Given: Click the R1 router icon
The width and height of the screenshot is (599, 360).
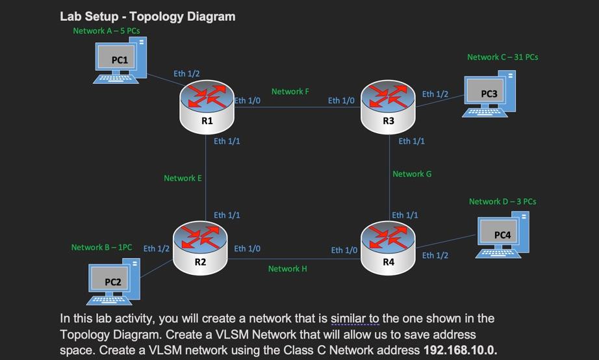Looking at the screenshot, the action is tap(207, 107).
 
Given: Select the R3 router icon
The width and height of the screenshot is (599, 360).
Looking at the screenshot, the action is tap(388, 107).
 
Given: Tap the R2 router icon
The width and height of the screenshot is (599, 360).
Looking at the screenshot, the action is tap(200, 248).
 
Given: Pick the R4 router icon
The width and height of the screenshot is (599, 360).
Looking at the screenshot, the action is tap(388, 248).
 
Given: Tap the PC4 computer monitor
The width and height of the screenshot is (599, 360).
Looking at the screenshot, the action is tap(498, 233).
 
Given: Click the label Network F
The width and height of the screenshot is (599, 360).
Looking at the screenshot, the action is tap(290, 92).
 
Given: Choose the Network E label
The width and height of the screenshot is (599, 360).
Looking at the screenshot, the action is tap(183, 178).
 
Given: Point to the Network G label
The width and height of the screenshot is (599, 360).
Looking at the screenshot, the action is tap(412, 174).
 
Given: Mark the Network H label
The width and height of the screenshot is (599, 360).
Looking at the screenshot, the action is tap(288, 268).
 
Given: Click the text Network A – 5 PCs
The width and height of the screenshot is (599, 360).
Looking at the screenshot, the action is tap(107, 31).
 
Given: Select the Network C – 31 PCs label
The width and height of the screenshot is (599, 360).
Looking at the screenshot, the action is tap(503, 57).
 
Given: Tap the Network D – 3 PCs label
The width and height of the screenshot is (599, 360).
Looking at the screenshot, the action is tap(503, 201).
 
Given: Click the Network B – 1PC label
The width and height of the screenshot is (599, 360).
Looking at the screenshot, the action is tap(101, 248).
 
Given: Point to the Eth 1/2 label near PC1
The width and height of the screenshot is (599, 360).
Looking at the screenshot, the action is tap(186, 73).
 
